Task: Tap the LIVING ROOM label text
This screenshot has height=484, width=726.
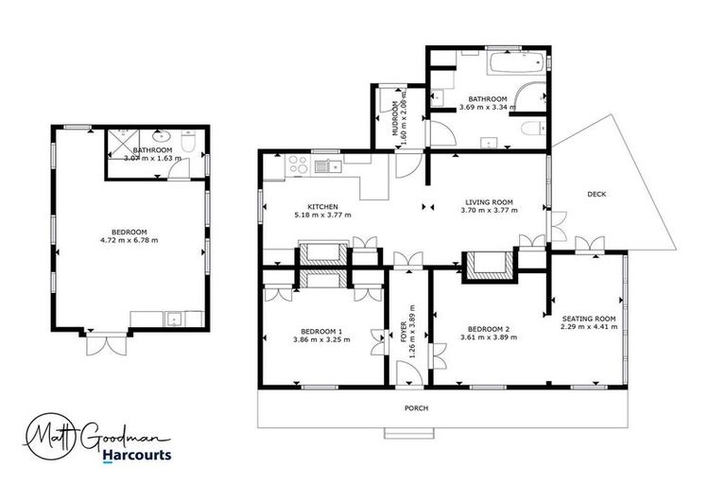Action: (488, 201)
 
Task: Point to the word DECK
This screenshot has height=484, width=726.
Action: (596, 194)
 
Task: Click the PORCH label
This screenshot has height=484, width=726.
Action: (416, 408)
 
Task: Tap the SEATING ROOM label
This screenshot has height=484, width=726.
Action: (588, 320)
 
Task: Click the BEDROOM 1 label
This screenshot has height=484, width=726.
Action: (321, 330)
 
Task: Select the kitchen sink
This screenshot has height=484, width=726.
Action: (329, 167)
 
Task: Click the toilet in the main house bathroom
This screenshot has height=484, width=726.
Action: (534, 129)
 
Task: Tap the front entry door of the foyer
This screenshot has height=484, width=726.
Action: (408, 378)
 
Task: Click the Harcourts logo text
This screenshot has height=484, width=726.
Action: (137, 455)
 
